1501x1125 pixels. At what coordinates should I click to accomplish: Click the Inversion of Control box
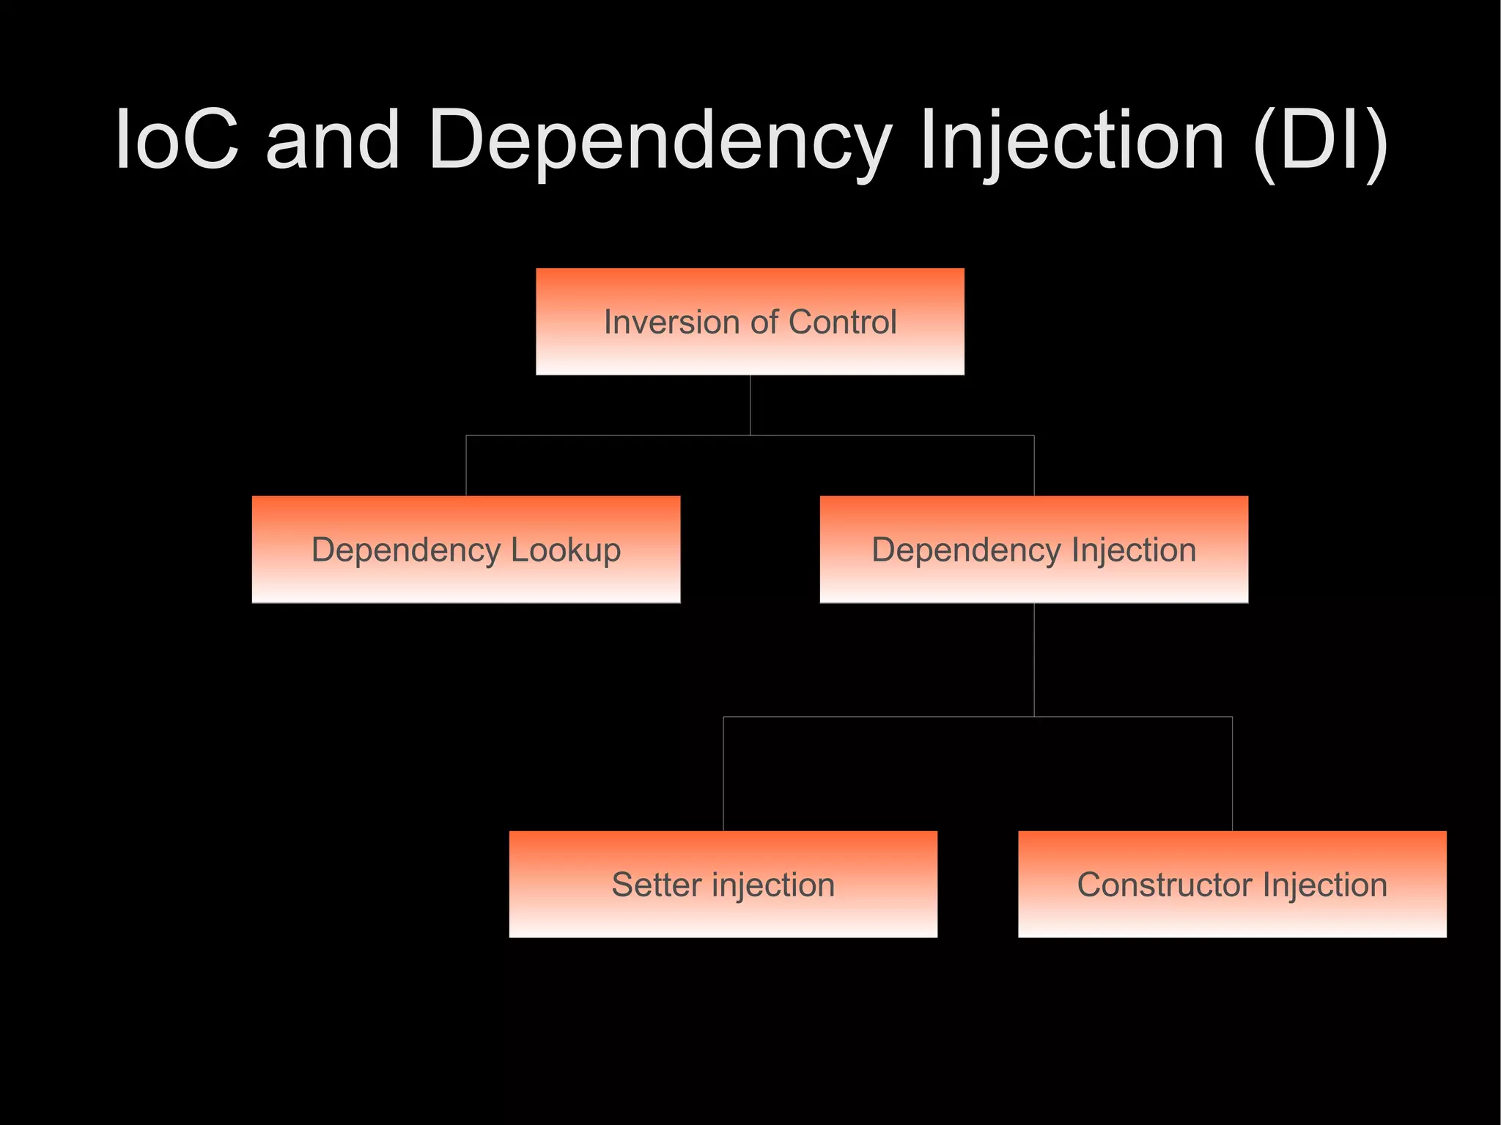(x=750, y=322)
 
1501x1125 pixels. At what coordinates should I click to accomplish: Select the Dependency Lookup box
(x=466, y=550)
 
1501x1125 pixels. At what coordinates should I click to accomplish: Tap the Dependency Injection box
(x=1033, y=550)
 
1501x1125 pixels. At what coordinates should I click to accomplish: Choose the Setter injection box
(x=723, y=884)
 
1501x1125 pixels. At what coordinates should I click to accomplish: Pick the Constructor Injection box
(x=1232, y=884)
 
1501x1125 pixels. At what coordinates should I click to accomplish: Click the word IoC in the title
(x=177, y=139)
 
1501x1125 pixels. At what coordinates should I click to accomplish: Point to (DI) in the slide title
(x=1320, y=139)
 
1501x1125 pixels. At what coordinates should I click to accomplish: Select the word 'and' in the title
(x=333, y=139)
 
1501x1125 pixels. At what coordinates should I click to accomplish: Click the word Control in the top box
(x=842, y=322)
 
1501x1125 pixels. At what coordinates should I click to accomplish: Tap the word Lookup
(x=565, y=550)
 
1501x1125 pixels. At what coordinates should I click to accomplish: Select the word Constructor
(x=1164, y=885)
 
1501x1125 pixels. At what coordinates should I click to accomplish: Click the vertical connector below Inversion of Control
(x=750, y=405)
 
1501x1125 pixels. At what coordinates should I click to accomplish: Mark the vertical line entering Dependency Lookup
(x=466, y=466)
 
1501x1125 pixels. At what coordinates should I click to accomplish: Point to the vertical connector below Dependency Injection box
(x=1034, y=660)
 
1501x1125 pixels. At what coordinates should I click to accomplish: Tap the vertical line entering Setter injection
(x=723, y=774)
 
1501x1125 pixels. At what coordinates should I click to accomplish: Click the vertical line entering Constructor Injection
(x=1232, y=774)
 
